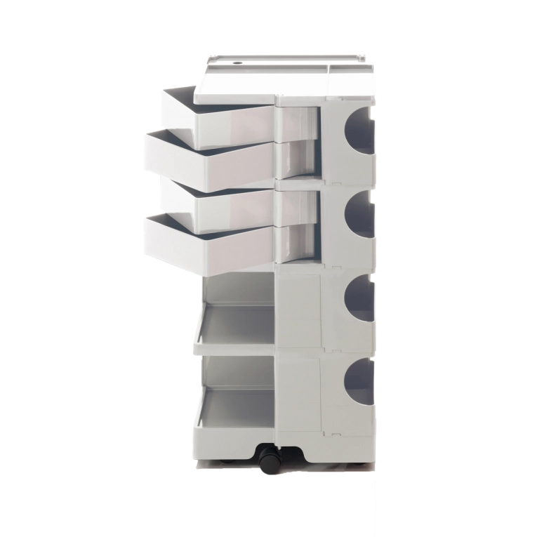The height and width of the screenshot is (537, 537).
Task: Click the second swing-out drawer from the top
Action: coord(211,161)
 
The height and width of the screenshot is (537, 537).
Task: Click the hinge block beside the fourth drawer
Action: coord(298,243)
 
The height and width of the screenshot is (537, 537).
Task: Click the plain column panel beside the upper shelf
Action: coord(299,312)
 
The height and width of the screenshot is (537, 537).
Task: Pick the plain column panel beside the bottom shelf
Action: coord(299,397)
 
